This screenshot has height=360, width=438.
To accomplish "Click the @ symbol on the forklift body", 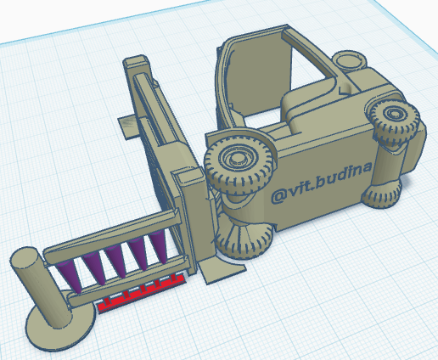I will pos(278,194).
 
